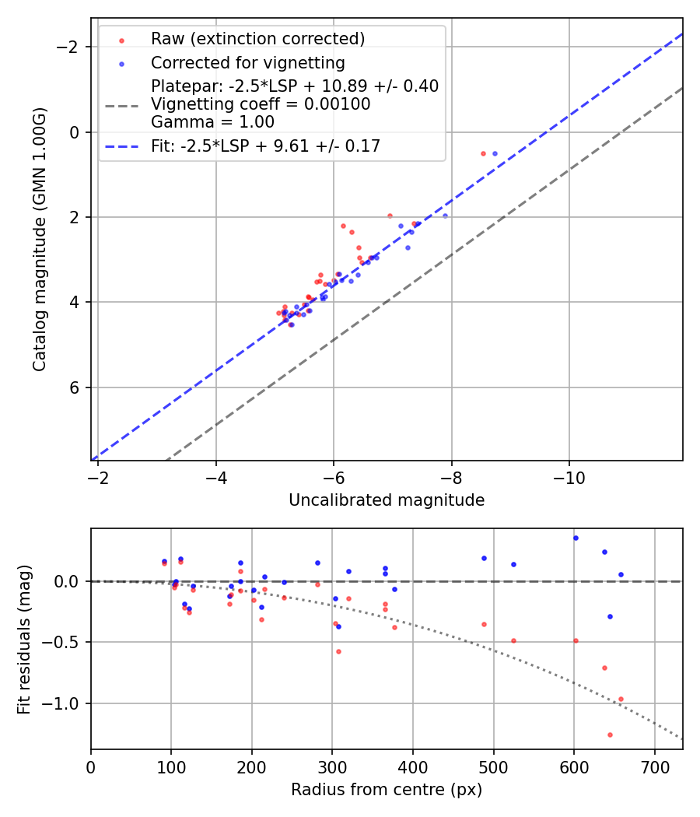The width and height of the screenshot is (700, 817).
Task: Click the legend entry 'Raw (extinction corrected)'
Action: click(257, 39)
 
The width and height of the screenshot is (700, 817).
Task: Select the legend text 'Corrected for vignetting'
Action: click(247, 62)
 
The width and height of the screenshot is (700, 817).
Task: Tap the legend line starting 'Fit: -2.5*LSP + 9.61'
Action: click(265, 146)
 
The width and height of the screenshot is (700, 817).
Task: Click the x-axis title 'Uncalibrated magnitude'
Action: click(387, 500)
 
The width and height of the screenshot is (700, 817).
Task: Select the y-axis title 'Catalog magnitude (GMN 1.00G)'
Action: click(40, 239)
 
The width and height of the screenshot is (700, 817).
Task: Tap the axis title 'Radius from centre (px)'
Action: click(387, 790)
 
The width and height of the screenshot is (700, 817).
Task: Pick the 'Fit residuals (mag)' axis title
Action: click(24, 639)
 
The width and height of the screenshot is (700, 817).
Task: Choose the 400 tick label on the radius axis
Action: click(413, 766)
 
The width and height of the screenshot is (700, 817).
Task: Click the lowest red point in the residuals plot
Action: click(610, 735)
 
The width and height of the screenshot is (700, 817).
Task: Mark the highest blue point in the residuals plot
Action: click(576, 538)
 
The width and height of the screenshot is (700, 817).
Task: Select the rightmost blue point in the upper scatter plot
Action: click(495, 153)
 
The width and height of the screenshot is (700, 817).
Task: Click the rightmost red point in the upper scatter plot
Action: click(483, 153)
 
